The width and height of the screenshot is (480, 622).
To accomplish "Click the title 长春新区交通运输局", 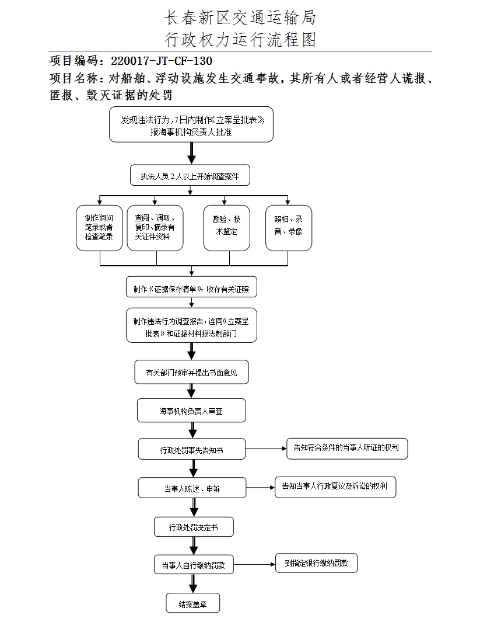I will [x=240, y=18].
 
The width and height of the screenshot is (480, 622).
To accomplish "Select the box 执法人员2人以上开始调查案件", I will [x=190, y=175].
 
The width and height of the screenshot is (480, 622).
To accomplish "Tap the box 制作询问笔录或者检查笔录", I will [x=99, y=228].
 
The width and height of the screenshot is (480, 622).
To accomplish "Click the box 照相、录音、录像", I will [x=288, y=228].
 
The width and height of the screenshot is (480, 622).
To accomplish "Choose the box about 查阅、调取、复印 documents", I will [x=155, y=228].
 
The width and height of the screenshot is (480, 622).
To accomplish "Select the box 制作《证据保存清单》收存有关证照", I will [x=191, y=288].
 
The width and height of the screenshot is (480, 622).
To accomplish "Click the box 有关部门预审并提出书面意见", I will [x=191, y=372].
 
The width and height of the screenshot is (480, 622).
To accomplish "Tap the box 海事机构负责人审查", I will [x=191, y=411].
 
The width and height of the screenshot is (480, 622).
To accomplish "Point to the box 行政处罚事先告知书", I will [x=191, y=450].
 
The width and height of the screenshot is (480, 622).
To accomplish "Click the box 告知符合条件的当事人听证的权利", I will [x=346, y=448].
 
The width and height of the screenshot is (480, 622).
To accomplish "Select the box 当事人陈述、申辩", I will [x=191, y=488].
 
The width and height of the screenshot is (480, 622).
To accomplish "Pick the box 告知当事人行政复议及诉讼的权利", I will [x=335, y=487].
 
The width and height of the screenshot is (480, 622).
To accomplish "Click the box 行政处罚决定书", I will [x=194, y=527].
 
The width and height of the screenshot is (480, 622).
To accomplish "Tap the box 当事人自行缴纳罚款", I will [x=194, y=565].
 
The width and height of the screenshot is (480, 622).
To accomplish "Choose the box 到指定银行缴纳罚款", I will [x=316, y=563].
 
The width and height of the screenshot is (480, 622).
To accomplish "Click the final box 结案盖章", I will [x=192, y=604].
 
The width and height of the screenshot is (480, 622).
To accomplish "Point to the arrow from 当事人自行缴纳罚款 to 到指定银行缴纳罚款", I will [x=254, y=565].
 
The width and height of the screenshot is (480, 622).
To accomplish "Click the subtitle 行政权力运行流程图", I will [x=240, y=40].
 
